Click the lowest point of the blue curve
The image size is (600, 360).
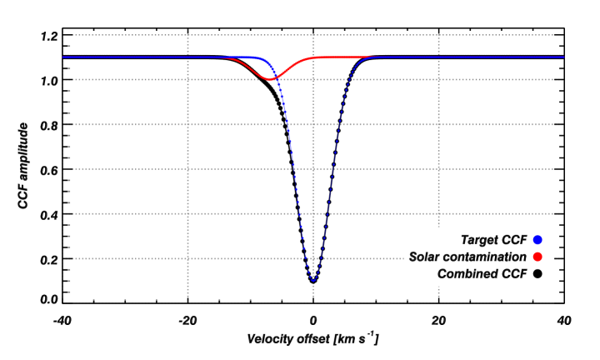(313, 281)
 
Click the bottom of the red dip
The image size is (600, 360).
(270, 80)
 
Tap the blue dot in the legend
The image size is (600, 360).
(537, 240)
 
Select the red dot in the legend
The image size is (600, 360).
(537, 257)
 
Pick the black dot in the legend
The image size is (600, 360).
(537, 273)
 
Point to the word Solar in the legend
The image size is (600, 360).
(426, 257)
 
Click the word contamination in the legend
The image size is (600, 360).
(486, 257)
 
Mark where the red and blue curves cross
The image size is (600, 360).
(277, 77)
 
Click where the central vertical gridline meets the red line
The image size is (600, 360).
(313, 57)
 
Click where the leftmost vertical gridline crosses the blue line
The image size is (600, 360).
(188, 57)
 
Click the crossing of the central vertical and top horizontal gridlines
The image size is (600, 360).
(313, 35)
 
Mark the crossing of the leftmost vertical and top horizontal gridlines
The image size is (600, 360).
(188, 35)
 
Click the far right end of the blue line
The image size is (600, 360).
(563, 57)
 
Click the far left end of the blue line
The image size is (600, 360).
(63, 57)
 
